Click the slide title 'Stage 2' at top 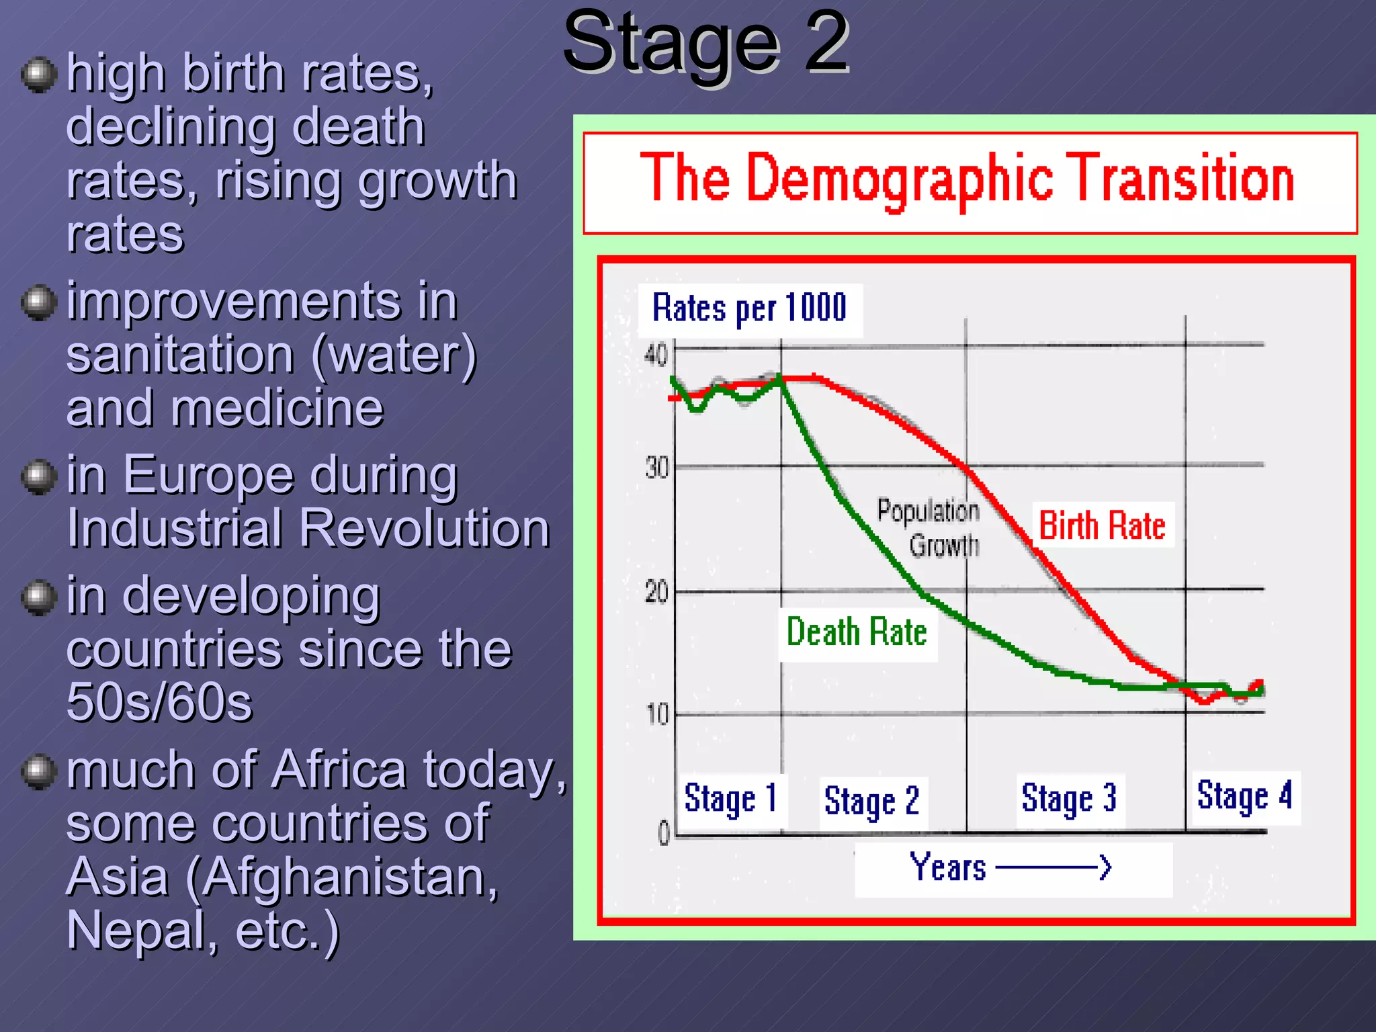pos(705,44)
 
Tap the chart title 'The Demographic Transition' pos(967,178)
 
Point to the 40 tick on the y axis pos(656,355)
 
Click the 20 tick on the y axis pos(656,593)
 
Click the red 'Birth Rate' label pos(1102,525)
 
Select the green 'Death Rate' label pos(857,633)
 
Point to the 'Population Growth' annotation pos(931,528)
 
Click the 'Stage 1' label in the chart pos(730,799)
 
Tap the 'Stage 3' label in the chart pos(1069,799)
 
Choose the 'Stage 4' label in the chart pos(1244,796)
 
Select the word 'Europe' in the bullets pos(208,476)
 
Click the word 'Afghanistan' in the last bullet pos(343,877)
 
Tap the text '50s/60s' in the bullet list pos(159,703)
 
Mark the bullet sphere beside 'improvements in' pos(38,302)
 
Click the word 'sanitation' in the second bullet pos(180,355)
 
